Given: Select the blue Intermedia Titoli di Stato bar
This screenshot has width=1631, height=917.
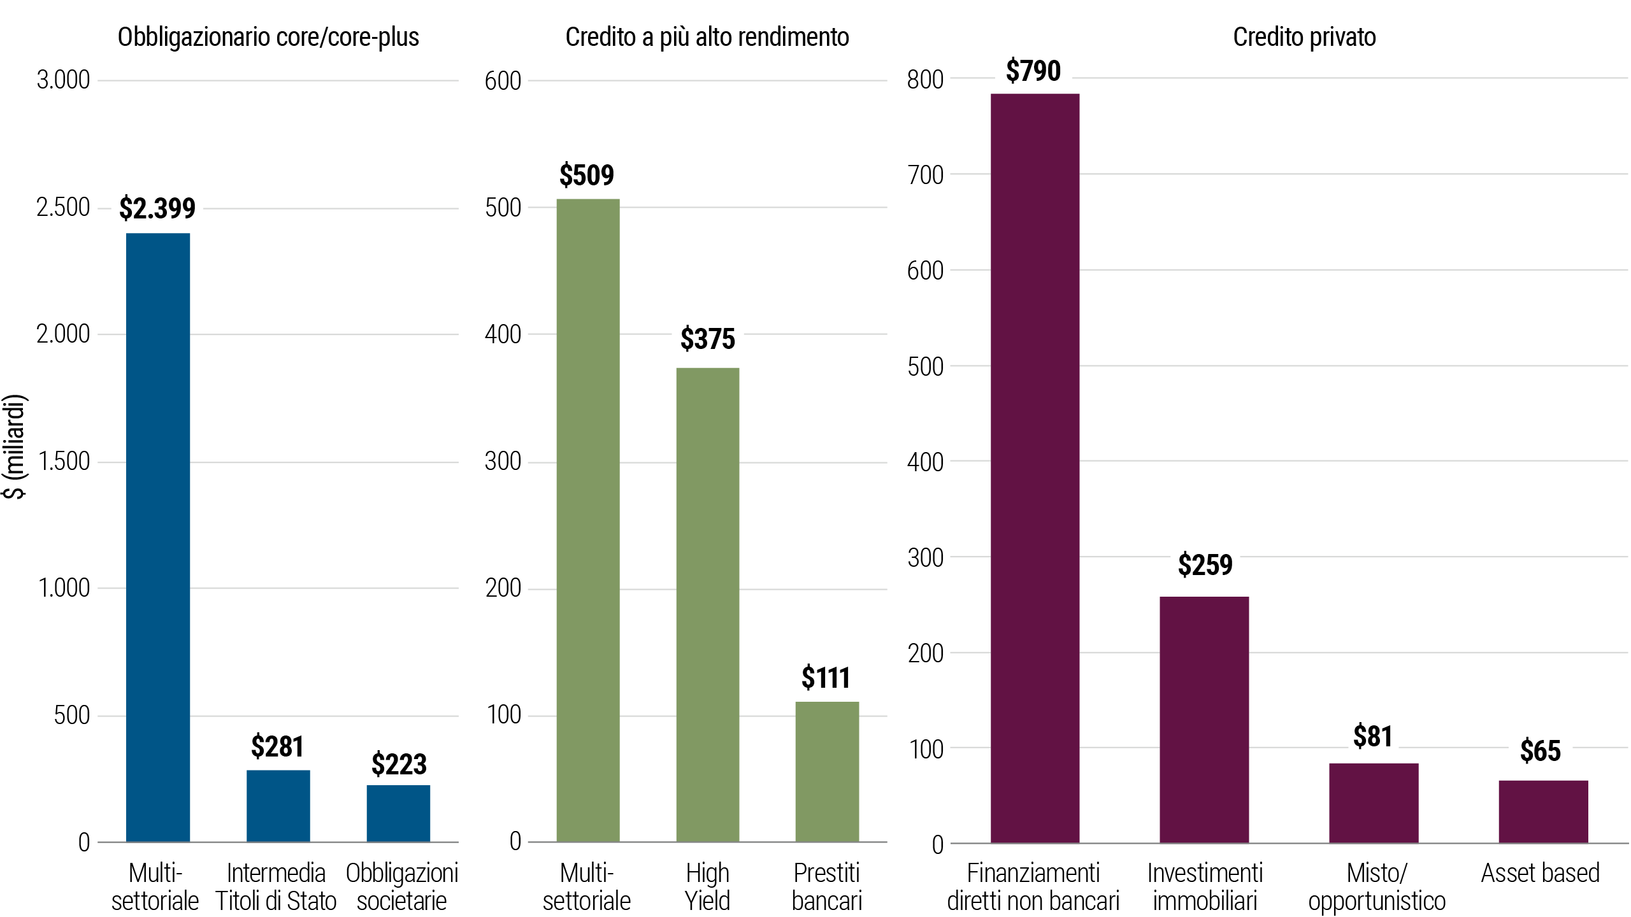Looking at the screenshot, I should pos(278,806).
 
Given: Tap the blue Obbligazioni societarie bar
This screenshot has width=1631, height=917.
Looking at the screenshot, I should pos(398,813).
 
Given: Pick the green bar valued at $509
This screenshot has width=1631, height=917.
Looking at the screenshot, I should pos(587,520).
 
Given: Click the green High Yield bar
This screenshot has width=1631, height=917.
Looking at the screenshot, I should pos(707,604).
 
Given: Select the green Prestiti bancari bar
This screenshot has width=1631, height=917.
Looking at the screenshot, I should pos(827,771).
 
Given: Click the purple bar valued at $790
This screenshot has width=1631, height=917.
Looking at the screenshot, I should pos(1035,468).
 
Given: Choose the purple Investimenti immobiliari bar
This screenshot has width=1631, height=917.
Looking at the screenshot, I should pos(1204,720).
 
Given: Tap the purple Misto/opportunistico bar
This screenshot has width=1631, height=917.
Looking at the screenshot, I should pos(1374,802).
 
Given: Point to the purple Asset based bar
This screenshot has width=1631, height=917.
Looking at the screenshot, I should pos(1542,811).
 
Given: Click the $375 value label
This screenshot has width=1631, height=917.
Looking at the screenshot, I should pos(707,339).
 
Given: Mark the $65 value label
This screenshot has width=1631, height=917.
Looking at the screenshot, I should pos(1541,751).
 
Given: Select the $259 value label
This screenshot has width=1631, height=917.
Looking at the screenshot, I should pos(1205,565).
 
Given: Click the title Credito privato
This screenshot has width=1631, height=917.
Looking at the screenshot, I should pos(1304,37).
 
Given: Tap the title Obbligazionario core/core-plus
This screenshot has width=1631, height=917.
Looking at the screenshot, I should pos(268,37).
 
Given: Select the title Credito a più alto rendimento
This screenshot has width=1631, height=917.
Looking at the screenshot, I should pos(707,37).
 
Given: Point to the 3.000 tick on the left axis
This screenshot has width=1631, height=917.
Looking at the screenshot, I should pos(63,80).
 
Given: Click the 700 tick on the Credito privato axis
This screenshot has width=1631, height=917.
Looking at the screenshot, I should pos(925,174).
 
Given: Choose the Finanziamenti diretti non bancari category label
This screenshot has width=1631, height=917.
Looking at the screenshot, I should pos(1033,886).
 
